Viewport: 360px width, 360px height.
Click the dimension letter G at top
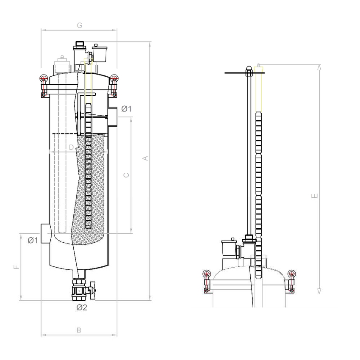(79, 25)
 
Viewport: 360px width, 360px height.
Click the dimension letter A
(145, 158)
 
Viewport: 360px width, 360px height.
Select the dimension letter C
(125, 175)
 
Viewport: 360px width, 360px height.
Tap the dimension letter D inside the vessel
(71, 147)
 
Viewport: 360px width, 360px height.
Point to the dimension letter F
(16, 267)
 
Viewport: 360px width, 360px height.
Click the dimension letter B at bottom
(78, 330)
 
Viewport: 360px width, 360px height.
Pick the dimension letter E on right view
(314, 196)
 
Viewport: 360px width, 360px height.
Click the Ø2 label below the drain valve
(81, 307)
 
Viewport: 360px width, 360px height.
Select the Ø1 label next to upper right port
(127, 109)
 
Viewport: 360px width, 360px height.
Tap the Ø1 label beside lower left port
(33, 240)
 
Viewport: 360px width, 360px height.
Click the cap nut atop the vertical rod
(249, 69)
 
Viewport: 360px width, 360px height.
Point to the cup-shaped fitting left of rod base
(229, 247)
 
